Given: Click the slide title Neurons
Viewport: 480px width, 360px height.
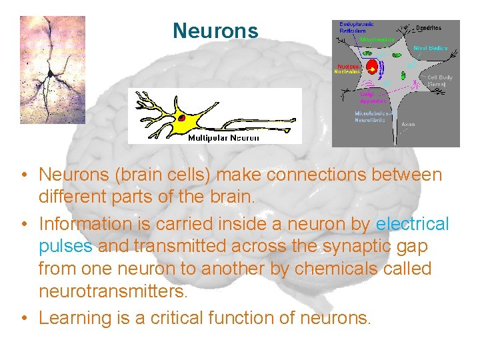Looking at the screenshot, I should coord(215,31).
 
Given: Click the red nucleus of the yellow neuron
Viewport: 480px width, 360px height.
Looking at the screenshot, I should coord(181,119).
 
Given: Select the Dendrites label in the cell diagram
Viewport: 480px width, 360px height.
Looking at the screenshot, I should coord(428,28).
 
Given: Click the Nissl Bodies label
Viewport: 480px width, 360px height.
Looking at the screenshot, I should coord(429,48).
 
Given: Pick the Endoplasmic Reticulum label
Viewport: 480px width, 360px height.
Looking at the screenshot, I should coord(353,28).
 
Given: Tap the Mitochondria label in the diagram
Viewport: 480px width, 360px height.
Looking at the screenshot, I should coord(378,39).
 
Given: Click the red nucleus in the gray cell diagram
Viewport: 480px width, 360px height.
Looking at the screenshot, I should coord(372,68).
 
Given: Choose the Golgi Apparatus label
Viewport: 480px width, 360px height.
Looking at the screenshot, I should coord(373,97).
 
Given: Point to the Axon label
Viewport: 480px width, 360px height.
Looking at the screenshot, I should coord(407,123).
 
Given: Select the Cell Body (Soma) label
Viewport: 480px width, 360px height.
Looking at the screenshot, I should coord(439,81).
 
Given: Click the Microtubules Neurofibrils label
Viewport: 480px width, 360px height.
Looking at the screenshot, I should coord(370,117).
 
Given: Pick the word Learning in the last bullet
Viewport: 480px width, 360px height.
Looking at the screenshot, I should coord(75,318).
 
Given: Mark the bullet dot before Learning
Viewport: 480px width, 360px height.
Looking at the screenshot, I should coord(23,319).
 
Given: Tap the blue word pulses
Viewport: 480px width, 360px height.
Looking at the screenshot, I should coord(66,247).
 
